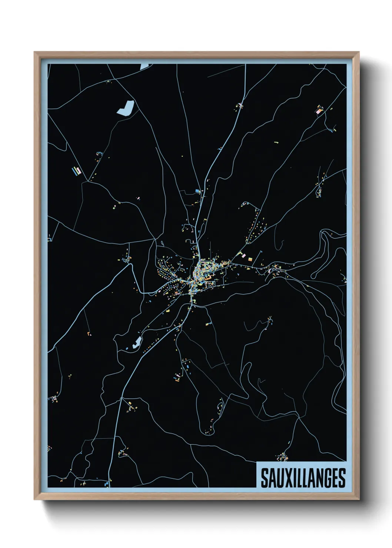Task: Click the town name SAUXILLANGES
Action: point(303,478)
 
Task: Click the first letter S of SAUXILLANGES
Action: point(265,478)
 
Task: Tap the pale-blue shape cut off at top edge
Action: point(144,66)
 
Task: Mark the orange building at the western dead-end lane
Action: point(89,334)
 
